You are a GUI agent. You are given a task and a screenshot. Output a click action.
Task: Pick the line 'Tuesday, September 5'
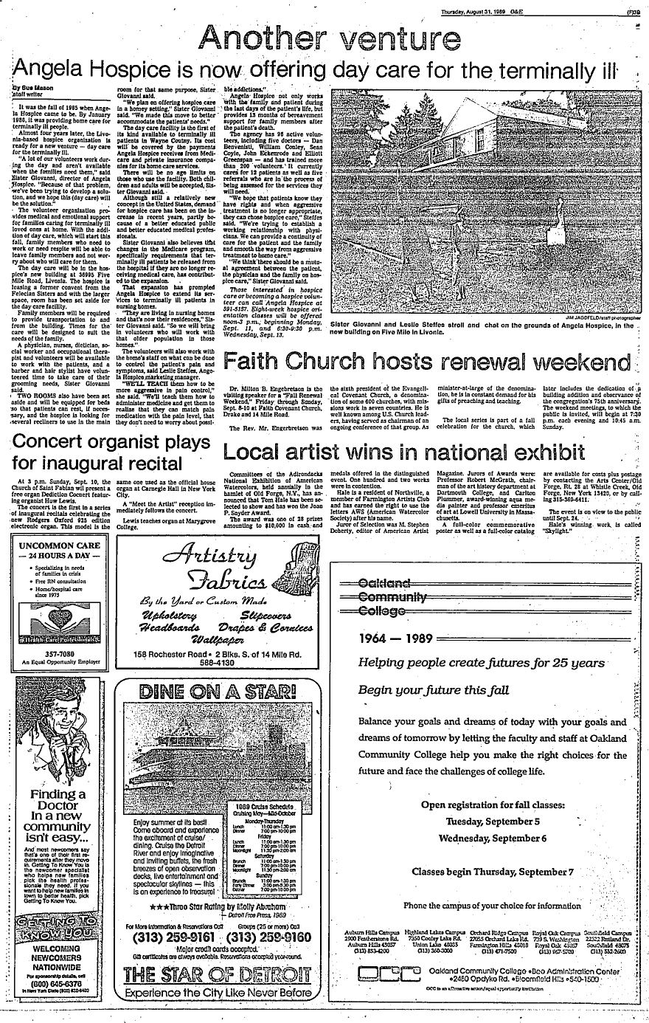pyautogui.click(x=493, y=821)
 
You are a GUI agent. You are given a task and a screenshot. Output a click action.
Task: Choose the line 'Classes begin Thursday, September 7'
pyautogui.click(x=493, y=871)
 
